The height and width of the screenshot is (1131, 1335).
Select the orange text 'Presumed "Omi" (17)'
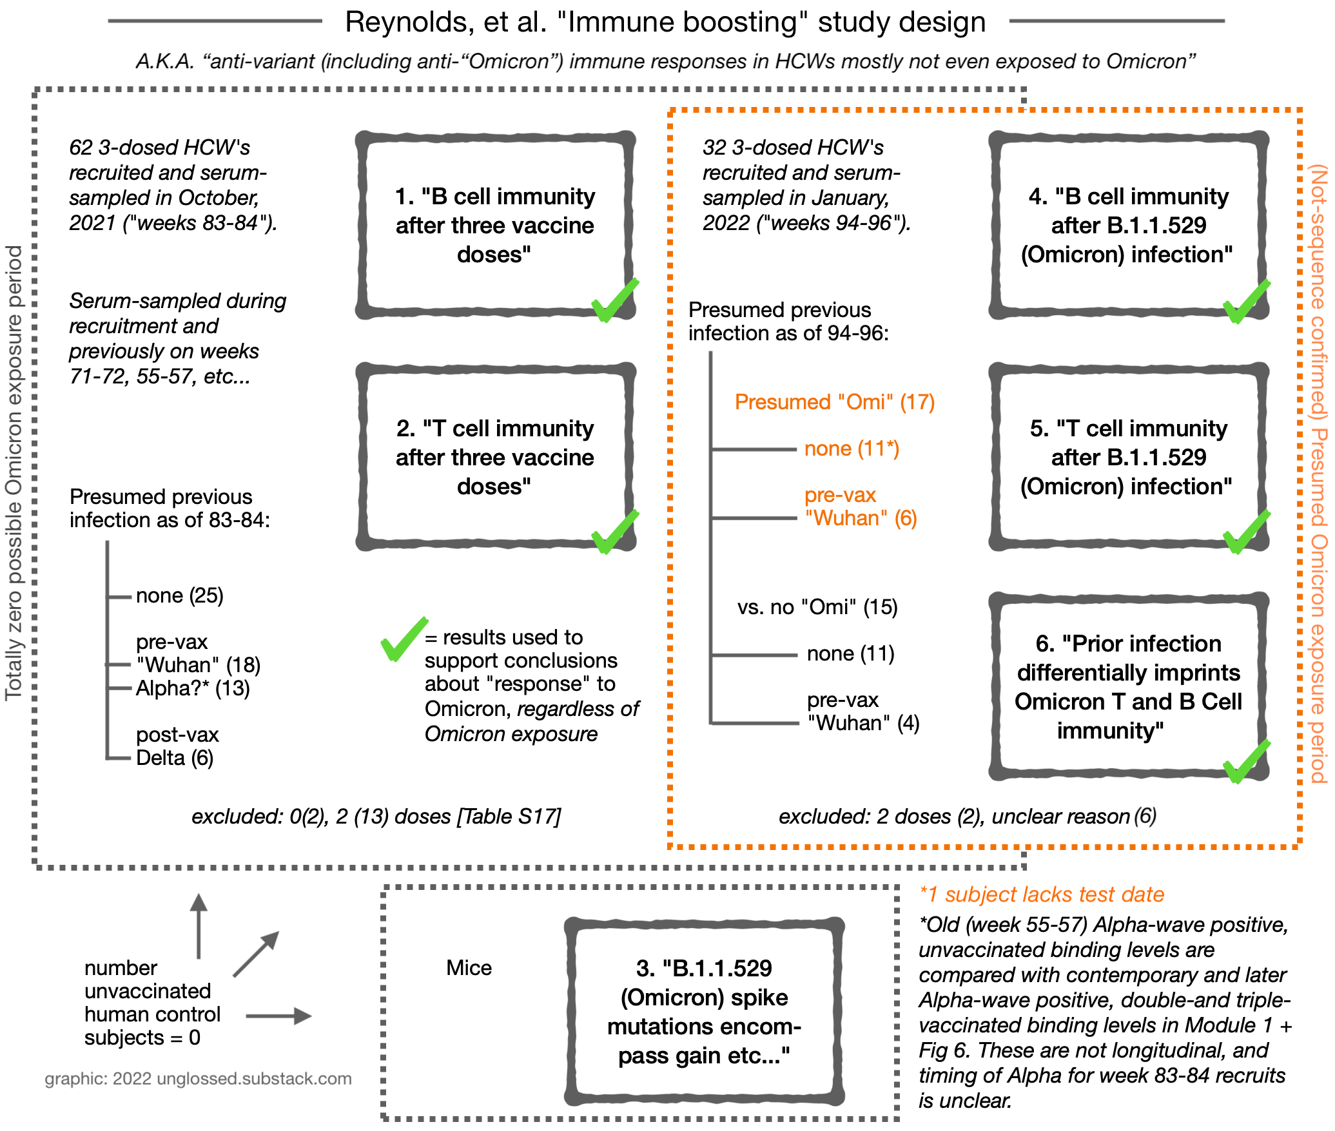pos(835,402)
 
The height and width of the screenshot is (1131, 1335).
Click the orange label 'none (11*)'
pos(852,449)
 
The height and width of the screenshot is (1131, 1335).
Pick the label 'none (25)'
pos(180,595)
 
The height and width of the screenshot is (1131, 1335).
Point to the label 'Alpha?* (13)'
pos(193,688)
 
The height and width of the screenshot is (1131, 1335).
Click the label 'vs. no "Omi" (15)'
pos(817,607)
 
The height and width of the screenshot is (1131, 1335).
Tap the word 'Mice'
pos(469,968)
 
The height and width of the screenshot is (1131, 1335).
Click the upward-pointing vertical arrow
pos(199,926)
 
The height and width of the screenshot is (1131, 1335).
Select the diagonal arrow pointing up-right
pos(256,954)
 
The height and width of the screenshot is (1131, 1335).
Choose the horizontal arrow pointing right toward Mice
pos(278,1016)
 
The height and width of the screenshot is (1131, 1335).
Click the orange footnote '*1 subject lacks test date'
pos(1042,894)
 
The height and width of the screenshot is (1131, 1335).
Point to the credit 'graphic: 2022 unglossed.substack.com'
pos(198,1079)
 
